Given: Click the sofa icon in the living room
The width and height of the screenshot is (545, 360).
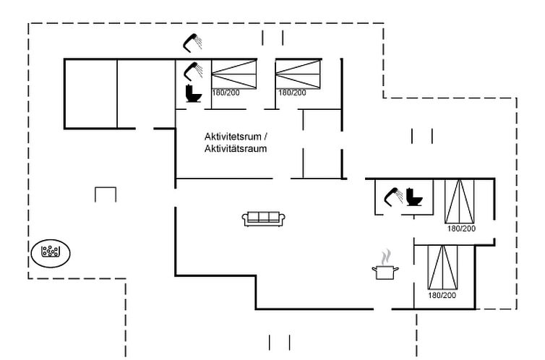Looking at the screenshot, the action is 263,218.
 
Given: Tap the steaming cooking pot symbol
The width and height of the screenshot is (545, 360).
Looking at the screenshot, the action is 385,265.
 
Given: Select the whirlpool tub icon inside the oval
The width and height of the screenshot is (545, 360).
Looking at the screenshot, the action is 51,252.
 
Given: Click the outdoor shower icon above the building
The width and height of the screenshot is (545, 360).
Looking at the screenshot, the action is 192,43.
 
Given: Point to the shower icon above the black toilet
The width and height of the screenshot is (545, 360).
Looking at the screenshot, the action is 193,72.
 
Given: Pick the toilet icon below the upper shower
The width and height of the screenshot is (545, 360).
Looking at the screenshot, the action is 193,93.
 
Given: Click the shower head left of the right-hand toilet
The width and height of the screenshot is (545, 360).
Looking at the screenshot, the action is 393,197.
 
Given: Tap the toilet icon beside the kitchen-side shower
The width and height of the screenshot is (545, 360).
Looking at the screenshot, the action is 414,197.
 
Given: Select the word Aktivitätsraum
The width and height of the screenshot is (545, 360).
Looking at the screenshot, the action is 236,149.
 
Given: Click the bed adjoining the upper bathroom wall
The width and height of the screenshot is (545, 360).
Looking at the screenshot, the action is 234,74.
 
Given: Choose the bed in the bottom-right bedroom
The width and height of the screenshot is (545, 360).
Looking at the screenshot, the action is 442,267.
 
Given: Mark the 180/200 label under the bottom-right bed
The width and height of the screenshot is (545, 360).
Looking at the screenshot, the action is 442,296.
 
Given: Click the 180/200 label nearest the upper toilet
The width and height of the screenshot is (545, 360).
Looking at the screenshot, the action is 226,93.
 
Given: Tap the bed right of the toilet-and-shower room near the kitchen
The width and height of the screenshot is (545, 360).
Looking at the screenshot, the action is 460,201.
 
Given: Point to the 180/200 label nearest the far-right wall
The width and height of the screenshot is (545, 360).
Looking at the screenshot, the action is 461,228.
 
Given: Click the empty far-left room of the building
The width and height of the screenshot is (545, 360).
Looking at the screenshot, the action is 91,94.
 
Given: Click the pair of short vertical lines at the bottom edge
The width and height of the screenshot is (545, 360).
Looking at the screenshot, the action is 279,343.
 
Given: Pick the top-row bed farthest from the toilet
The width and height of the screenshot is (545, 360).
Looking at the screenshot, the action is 299,74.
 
